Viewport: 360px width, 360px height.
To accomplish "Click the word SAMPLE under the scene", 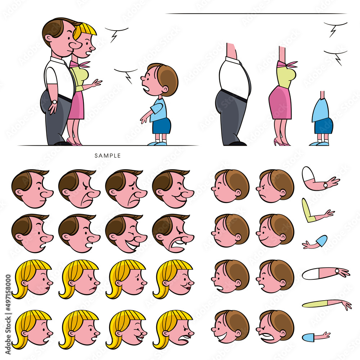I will pos(108,156).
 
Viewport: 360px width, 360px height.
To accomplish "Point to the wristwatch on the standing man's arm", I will pos(54,102).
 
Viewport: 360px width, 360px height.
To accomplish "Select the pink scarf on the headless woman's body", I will pos(287,64).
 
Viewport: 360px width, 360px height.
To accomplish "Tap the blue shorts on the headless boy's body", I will pos(324,126).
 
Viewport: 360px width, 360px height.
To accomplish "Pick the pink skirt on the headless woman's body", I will pos(280,103).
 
